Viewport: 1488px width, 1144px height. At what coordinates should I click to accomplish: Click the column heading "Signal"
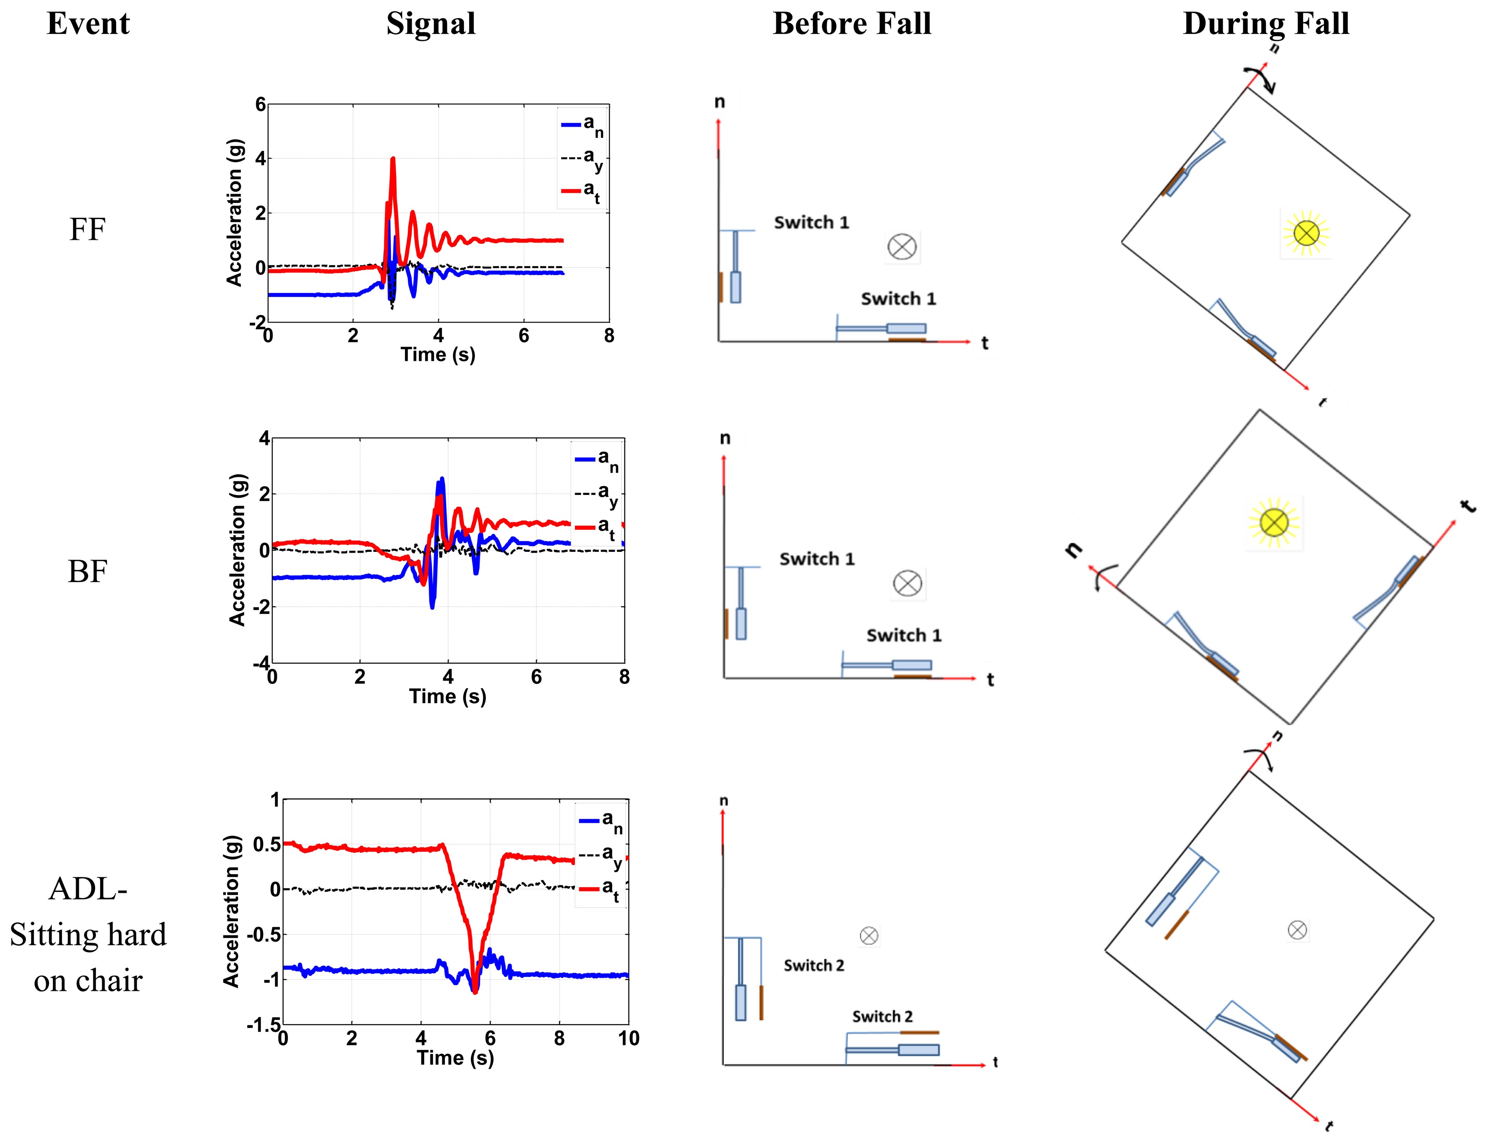pos(430,24)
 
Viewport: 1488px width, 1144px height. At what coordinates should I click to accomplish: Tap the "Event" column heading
pos(88,24)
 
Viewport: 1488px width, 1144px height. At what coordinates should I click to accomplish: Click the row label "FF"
pos(87,230)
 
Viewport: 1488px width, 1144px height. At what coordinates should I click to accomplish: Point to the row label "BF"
pos(87,571)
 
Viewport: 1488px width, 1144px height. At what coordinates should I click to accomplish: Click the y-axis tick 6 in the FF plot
pos(260,105)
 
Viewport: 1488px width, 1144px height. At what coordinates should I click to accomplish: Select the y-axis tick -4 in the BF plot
pos(261,663)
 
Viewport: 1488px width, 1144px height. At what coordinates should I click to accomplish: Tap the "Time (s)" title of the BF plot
pos(448,697)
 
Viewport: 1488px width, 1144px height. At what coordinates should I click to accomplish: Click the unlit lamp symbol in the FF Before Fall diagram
pos(902,246)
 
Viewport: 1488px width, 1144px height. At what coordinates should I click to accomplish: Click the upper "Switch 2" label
pos(813,966)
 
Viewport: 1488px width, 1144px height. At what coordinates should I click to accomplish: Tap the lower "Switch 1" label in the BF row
pos(904,635)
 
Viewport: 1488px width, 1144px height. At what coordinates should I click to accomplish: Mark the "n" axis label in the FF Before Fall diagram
pos(719,102)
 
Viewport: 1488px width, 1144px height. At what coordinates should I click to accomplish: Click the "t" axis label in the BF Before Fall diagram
pos(990,680)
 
